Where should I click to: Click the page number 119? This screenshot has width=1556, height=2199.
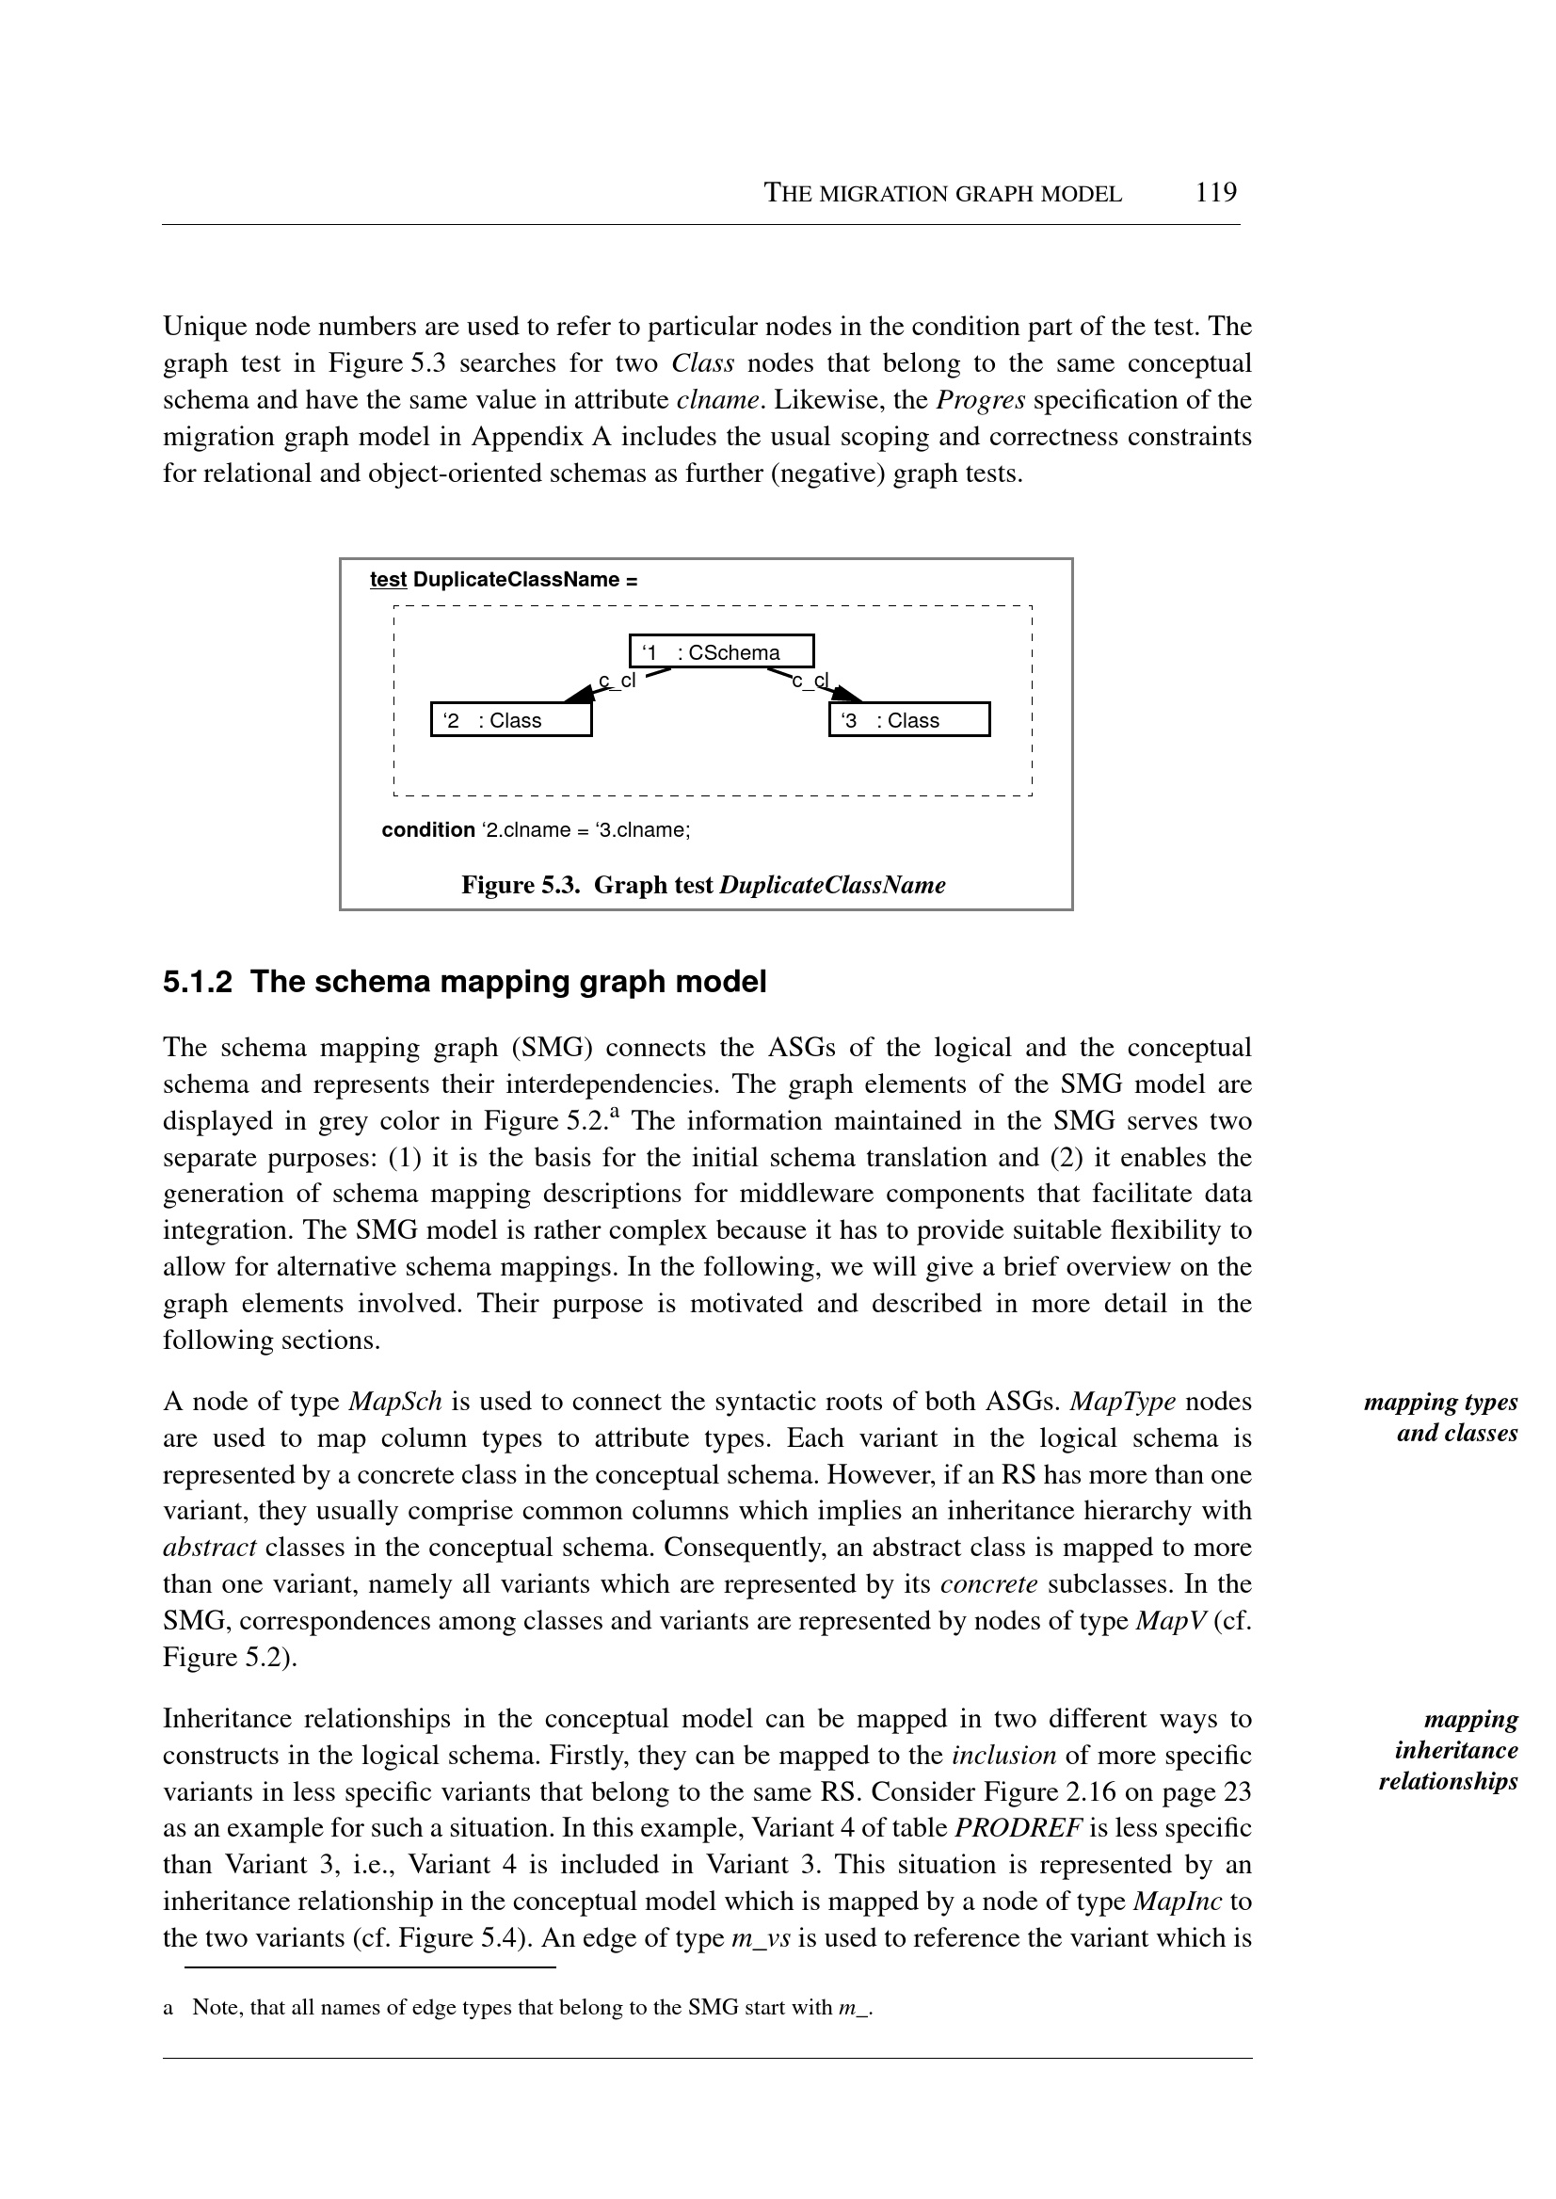[1216, 193]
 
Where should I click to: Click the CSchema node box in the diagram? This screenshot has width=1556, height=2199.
[721, 651]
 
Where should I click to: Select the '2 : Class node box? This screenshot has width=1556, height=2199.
[511, 719]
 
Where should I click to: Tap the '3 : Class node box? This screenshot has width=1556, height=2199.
[908, 719]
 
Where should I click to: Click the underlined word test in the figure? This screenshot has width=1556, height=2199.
[388, 580]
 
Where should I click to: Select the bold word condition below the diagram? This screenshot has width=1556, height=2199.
[427, 829]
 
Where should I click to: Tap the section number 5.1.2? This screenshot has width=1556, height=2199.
[197, 982]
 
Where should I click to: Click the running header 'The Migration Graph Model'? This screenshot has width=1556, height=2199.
[942, 194]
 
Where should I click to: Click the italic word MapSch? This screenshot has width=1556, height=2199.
[394, 1402]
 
